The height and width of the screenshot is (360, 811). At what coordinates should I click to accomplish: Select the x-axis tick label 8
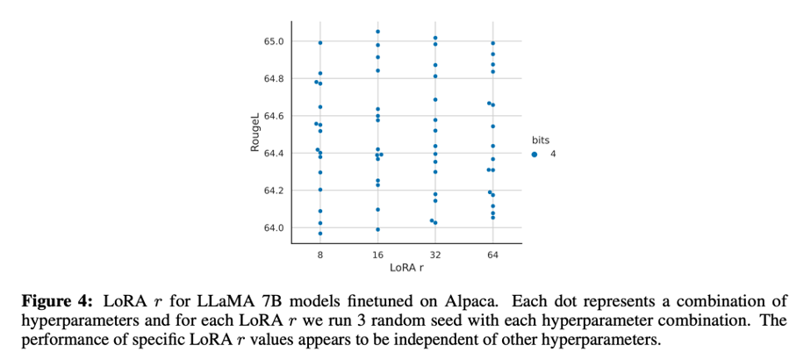pos(320,254)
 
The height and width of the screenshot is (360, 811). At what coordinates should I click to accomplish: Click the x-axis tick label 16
pos(377,254)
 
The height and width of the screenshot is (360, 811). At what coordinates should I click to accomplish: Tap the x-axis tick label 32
pos(435,254)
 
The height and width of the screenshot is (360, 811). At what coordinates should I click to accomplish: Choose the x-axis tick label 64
pos(492,254)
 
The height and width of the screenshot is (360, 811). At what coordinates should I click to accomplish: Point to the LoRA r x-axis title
pos(406,267)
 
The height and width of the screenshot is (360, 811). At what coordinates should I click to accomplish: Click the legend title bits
pos(541,140)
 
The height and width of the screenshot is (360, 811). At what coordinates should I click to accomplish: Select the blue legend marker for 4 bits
pos(535,154)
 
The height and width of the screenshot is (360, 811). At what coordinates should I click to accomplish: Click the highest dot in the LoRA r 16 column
pos(377,32)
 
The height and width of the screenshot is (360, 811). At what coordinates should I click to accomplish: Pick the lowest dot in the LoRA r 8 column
pos(320,234)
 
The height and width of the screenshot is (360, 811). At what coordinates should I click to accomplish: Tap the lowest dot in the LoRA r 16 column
pos(377,230)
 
